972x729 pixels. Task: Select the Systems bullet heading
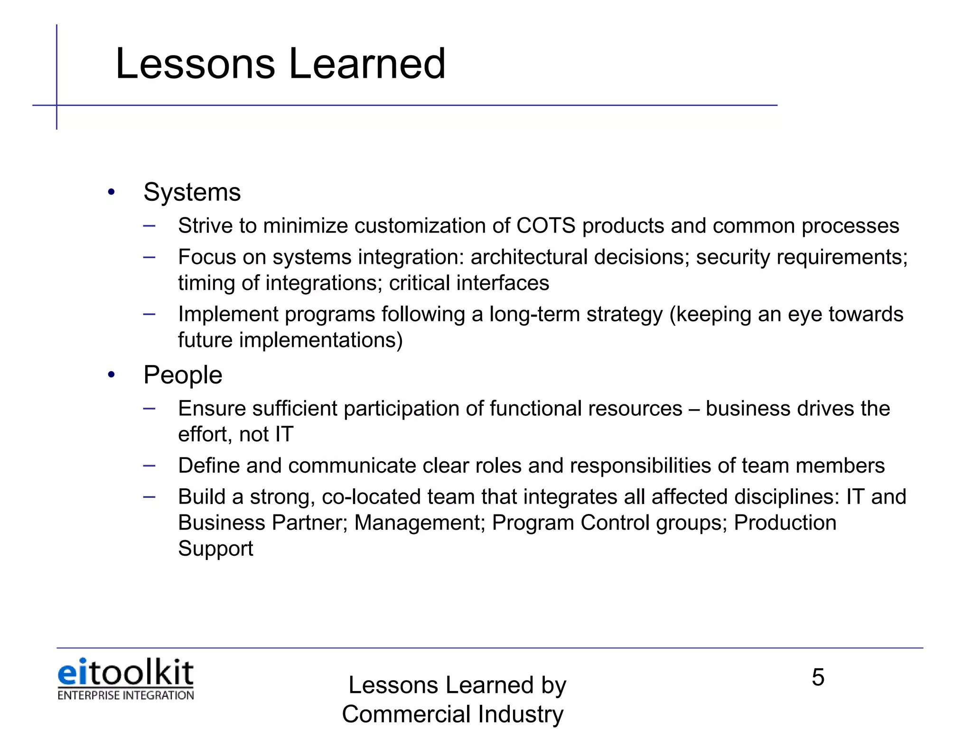click(x=192, y=193)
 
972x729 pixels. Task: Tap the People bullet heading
click(x=183, y=375)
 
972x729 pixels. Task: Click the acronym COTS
click(x=546, y=226)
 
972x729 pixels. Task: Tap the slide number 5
click(x=818, y=677)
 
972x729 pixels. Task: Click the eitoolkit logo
click(x=125, y=673)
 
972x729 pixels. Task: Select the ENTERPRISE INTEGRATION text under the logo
click(x=125, y=695)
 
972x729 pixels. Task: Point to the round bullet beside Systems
click(x=112, y=192)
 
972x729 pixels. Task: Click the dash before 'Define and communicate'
click(x=149, y=466)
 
